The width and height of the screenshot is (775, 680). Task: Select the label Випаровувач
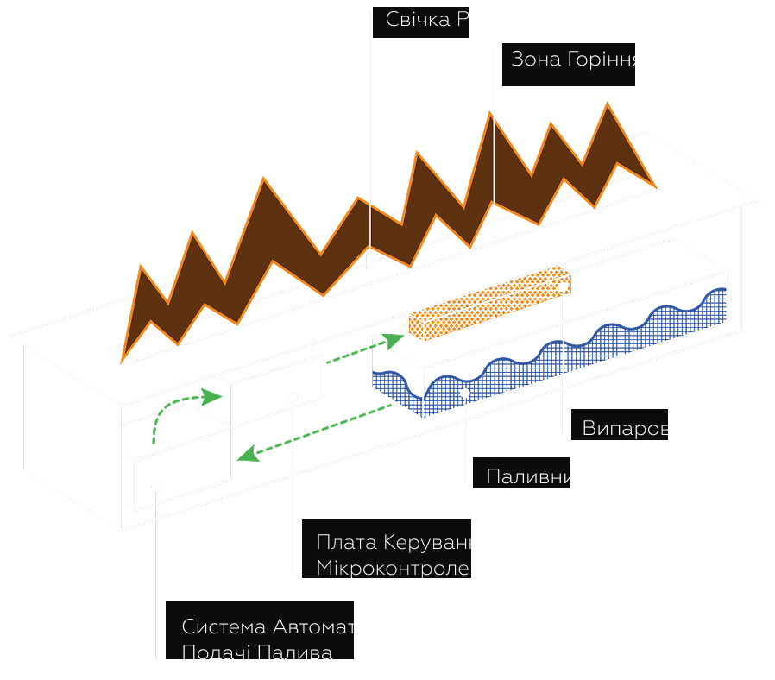(x=650, y=429)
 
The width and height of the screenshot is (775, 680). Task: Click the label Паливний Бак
(x=558, y=476)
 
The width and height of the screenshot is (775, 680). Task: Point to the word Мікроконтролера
(x=405, y=568)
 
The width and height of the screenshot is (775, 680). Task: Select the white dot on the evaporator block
(x=563, y=286)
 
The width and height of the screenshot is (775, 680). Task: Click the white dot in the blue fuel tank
(x=465, y=394)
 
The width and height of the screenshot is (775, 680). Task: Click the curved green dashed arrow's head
(x=212, y=396)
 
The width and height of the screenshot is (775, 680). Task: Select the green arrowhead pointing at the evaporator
(x=394, y=340)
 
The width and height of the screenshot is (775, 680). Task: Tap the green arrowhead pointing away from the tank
(x=247, y=453)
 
